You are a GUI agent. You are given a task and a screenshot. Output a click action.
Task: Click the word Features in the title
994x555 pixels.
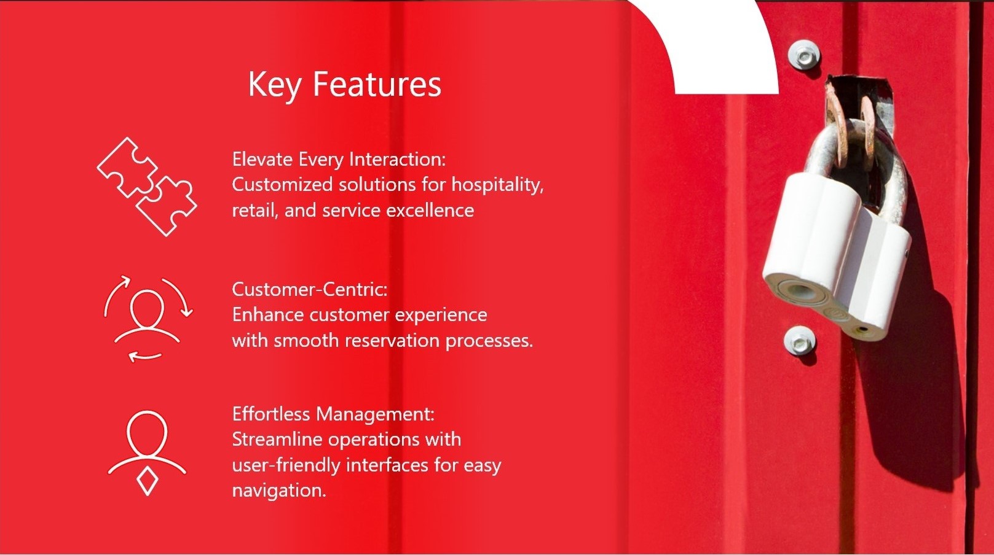[x=377, y=83]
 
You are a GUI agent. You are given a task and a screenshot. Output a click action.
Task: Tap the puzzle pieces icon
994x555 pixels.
[x=147, y=187]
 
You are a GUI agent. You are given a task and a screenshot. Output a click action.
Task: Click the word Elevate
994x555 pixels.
[x=262, y=158]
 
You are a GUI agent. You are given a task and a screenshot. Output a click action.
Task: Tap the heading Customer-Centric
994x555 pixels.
[x=310, y=289]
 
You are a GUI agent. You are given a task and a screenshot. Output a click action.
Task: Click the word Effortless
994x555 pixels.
[x=271, y=414]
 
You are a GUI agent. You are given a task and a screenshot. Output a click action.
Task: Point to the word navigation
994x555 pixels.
[x=279, y=491]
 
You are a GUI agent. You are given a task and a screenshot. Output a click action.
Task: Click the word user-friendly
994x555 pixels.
[x=286, y=465]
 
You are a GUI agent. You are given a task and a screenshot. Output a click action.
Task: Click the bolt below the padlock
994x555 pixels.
[x=799, y=341]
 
